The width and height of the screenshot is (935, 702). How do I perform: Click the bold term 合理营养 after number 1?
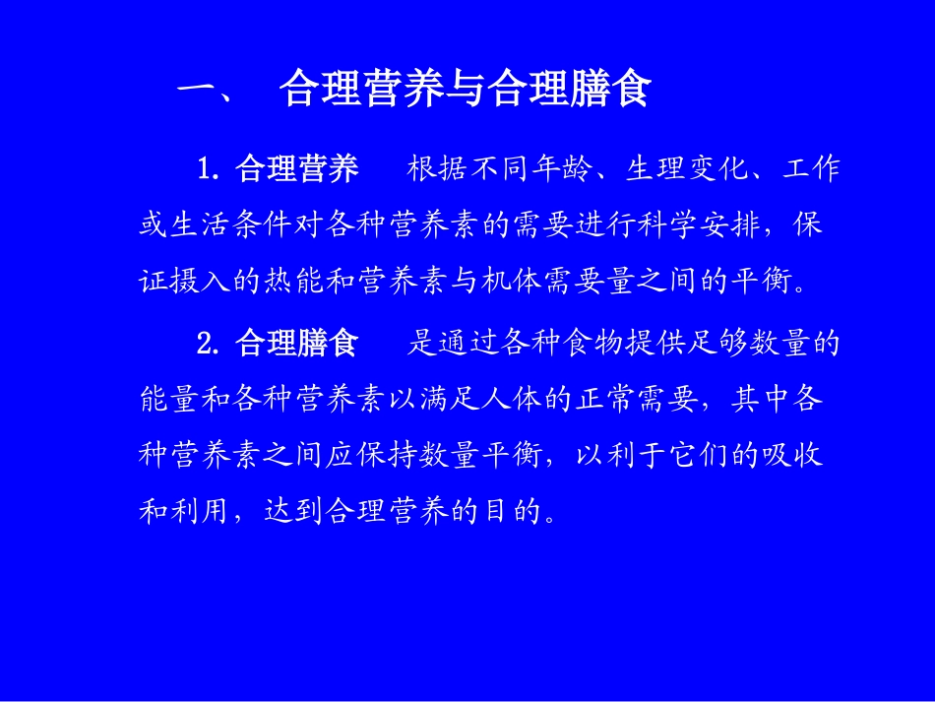click(x=297, y=169)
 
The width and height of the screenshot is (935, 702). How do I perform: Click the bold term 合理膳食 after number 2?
click(x=297, y=344)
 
